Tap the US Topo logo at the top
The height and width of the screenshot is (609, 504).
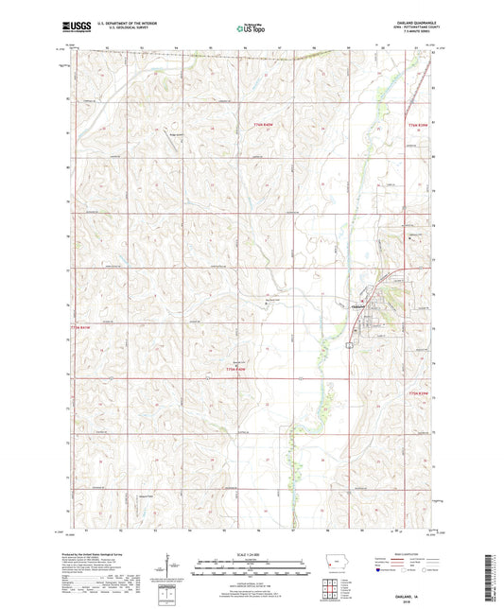click(252, 29)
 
